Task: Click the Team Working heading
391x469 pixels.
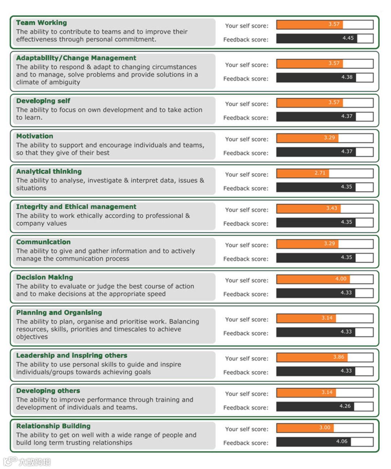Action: click(41, 23)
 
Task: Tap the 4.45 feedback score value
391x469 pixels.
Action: click(348, 38)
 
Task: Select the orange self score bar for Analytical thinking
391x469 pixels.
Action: click(303, 173)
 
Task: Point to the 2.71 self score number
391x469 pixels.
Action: click(320, 173)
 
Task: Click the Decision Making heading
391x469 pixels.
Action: click(45, 277)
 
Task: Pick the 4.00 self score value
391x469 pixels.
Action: click(341, 279)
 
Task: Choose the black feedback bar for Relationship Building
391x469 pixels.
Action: click(314, 442)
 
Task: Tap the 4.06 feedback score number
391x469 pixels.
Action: click(341, 442)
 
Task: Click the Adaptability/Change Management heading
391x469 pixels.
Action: click(76, 58)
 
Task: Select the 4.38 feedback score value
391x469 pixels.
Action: click(347, 77)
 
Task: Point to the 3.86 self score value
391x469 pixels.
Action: click(339, 357)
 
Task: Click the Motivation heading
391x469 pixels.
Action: click(35, 136)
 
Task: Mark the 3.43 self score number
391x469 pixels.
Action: click(332, 208)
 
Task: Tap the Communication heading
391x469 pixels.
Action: click(43, 242)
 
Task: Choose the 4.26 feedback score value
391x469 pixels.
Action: click(345, 406)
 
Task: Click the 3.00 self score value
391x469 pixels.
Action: click(325, 428)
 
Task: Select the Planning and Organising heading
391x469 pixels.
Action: click(59, 312)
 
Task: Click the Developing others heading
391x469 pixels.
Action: click(48, 391)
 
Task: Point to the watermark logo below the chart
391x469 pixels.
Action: click(27, 461)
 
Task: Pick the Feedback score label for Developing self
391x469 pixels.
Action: click(246, 118)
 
